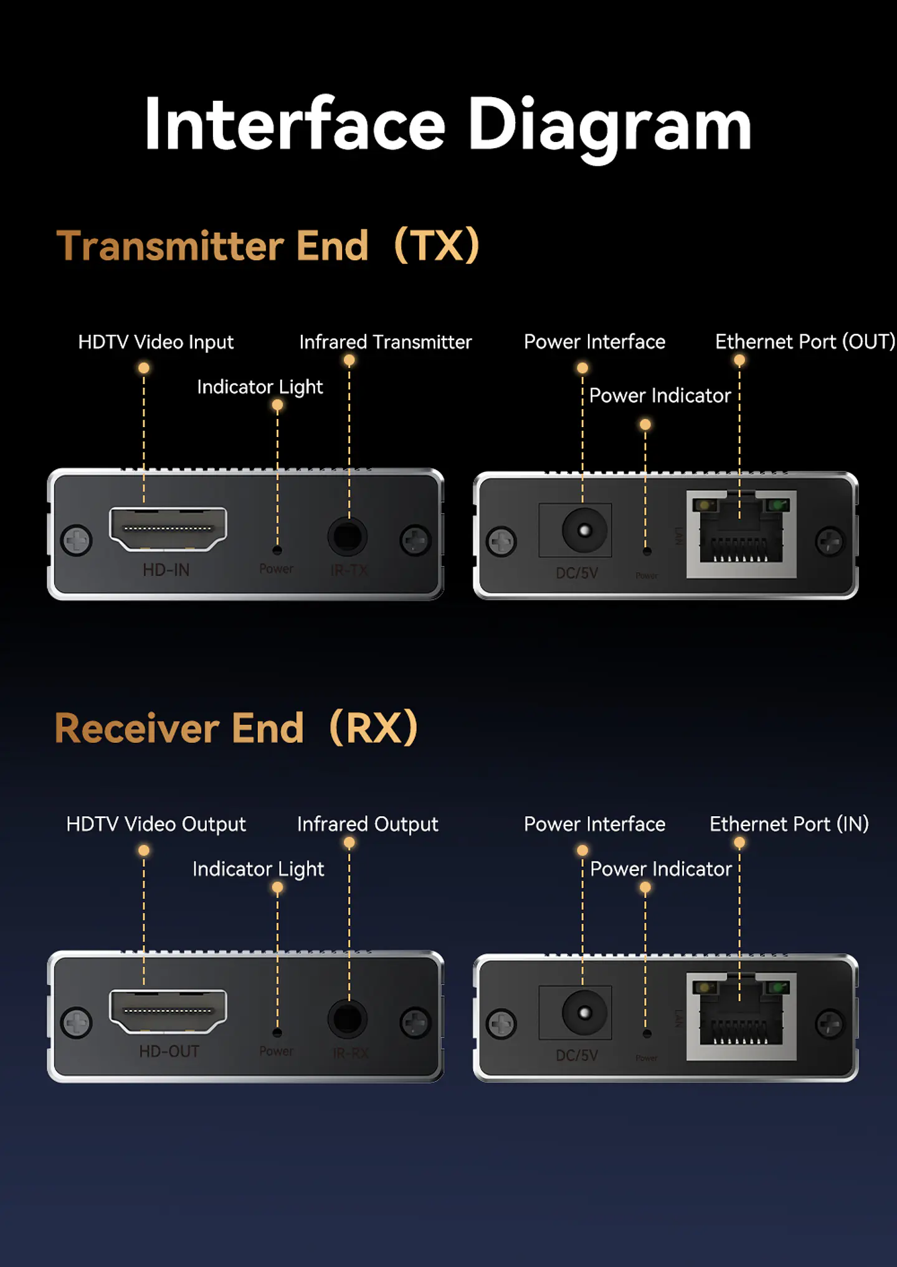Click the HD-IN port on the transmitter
[168, 529]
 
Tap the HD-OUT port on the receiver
[168, 1010]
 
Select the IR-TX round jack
[348, 536]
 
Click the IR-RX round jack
[348, 1019]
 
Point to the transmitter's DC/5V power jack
[584, 530]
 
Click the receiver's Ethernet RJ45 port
[741, 1017]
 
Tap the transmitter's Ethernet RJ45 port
[741, 534]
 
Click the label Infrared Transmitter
[385, 342]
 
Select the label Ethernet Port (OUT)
[804, 342]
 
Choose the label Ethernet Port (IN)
[789, 824]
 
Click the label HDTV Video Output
[156, 824]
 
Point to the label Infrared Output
[368, 824]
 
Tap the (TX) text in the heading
[437, 245]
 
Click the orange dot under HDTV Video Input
[144, 368]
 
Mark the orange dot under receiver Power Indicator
[645, 887]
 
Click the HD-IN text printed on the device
[166, 570]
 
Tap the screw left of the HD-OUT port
[77, 1022]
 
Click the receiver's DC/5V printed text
[577, 1055]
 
